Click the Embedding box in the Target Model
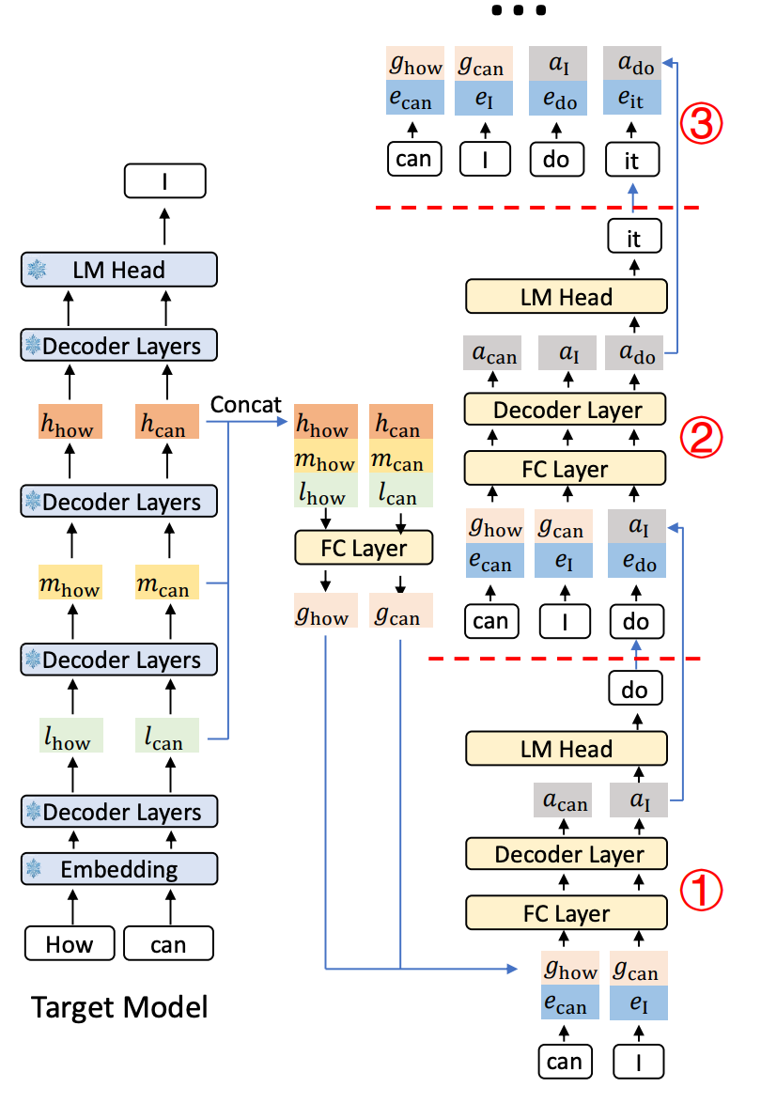click(118, 869)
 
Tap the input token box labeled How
click(70, 943)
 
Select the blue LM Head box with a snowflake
click(118, 270)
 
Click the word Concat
click(246, 405)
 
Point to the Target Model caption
click(119, 1008)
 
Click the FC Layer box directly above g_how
click(365, 548)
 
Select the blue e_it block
click(631, 99)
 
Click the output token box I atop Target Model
click(164, 180)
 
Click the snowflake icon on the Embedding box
click(35, 869)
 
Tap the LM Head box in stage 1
click(567, 750)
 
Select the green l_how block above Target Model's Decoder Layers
click(70, 736)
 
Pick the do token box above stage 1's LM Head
click(635, 691)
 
